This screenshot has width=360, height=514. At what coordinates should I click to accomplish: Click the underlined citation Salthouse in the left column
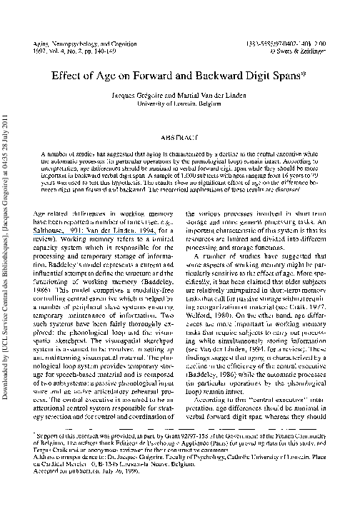coord(54,230)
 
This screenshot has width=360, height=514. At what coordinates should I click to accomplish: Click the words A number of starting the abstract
coord(57,153)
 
